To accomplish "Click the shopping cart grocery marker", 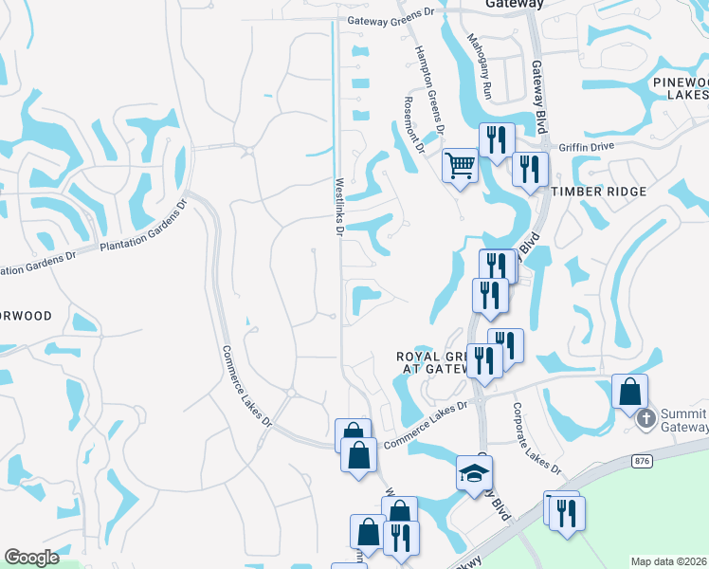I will click(460, 165).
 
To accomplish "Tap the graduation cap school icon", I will click(474, 473).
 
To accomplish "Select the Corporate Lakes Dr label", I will click(536, 438).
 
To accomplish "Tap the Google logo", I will click(31, 557).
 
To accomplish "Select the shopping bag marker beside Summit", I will click(629, 392).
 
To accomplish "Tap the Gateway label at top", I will click(514, 4).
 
